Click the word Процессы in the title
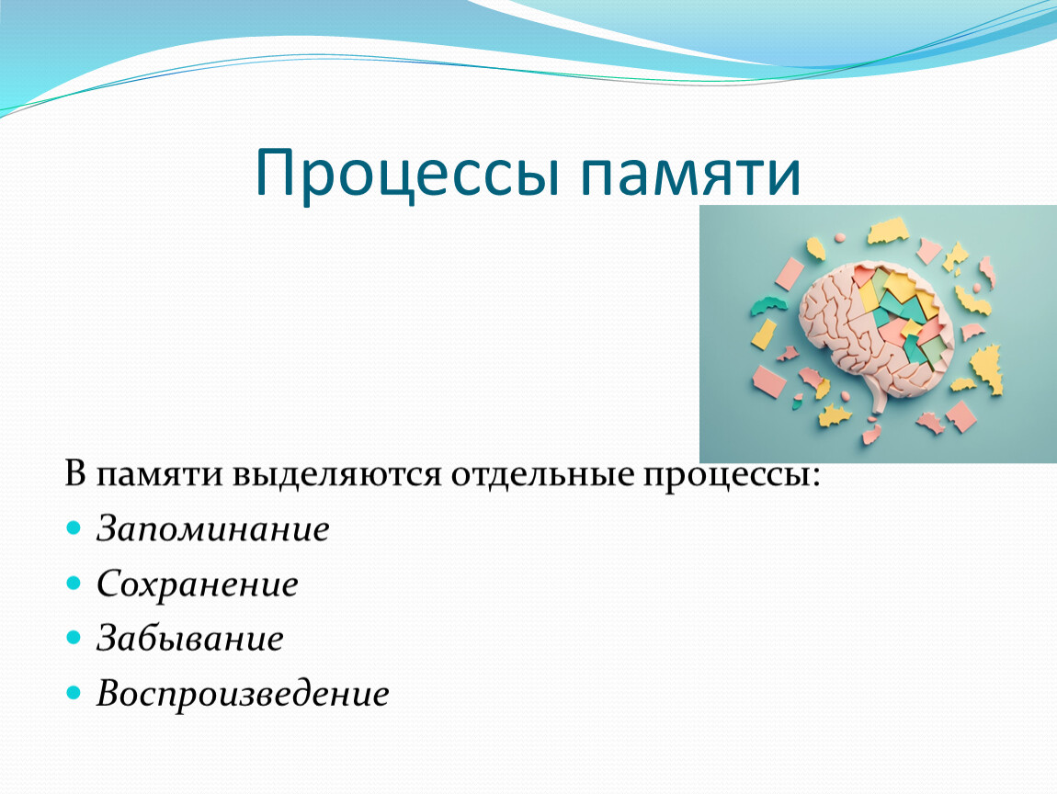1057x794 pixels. pyautogui.click(x=407, y=173)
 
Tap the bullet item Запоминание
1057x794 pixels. pyautogui.click(x=213, y=528)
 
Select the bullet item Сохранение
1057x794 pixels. pyautogui.click(x=198, y=584)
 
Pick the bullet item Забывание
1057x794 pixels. pyautogui.click(x=190, y=638)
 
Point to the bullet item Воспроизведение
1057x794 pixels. pyautogui.click(x=243, y=694)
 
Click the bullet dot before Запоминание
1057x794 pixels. pyautogui.click(x=74, y=527)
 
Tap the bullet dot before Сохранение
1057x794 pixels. pyautogui.click(x=74, y=583)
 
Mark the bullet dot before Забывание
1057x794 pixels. pyautogui.click(x=74, y=637)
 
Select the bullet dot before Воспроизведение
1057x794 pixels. pyautogui.click(x=74, y=692)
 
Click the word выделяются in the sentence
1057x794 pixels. pyautogui.click(x=337, y=474)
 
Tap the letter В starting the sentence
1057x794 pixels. pyautogui.click(x=75, y=474)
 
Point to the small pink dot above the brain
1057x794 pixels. pyautogui.click(x=840, y=238)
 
